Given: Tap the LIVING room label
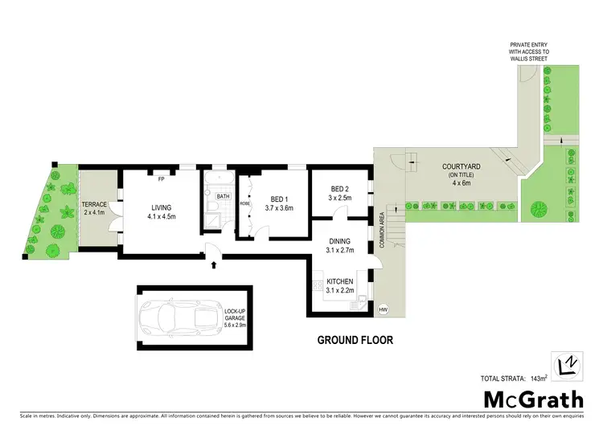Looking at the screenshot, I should point(162,207).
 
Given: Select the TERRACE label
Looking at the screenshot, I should point(94,205).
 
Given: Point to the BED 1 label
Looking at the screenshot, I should point(279,199).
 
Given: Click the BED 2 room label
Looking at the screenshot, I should point(340,190).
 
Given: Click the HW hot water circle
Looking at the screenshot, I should point(383,309).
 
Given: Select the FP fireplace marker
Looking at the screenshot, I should point(161,178).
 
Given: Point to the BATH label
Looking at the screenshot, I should point(223,195).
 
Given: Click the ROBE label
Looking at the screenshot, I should point(244,203).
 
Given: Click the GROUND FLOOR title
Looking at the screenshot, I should point(355,340).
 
